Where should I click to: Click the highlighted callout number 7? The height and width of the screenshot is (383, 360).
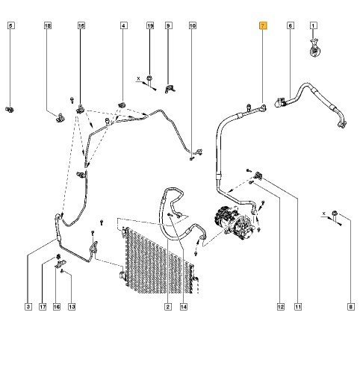point(263,25)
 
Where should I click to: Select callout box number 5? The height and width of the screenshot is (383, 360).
point(11,25)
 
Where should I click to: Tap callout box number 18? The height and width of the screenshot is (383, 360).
point(48,25)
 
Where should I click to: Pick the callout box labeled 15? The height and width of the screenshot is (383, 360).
point(81,25)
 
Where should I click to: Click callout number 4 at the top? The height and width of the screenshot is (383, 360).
point(124,25)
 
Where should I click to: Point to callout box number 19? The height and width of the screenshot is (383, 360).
point(150,25)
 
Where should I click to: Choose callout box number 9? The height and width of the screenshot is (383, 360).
point(168,25)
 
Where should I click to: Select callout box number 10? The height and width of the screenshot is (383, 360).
point(193,25)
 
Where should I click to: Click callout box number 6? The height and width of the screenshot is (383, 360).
point(290,25)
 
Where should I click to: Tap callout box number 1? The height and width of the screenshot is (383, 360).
point(313,25)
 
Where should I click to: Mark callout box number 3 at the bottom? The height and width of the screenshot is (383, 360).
point(28,307)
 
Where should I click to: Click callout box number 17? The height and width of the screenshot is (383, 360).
point(43,307)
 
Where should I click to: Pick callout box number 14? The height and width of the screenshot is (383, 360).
point(184,307)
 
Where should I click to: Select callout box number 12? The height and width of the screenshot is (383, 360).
point(281,307)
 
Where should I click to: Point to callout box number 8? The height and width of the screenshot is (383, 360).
point(351,307)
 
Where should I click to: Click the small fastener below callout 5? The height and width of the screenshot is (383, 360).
point(10,109)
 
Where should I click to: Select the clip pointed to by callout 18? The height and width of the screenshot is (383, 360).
point(60,117)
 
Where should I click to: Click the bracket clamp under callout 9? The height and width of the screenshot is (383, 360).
point(170,89)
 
